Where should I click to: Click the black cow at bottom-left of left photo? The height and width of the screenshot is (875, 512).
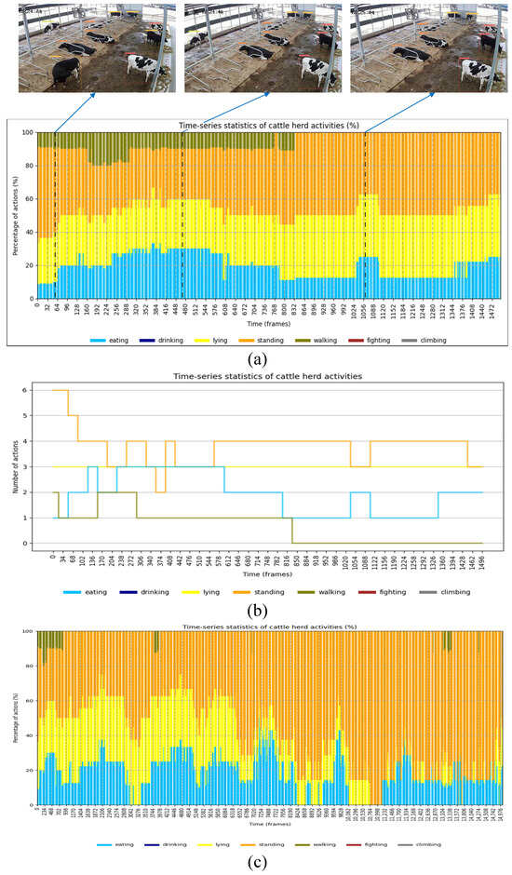[x=62, y=72]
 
